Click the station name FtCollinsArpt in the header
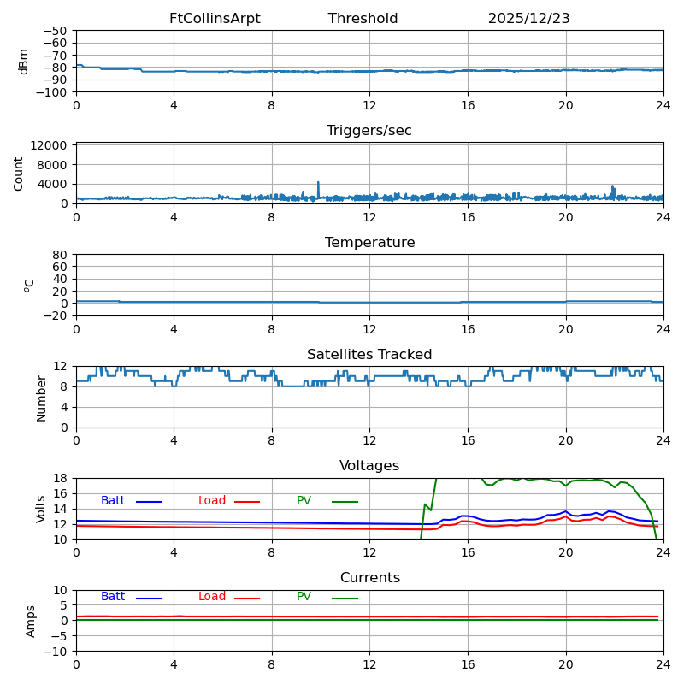coord(215,19)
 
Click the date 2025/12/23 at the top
coord(528,19)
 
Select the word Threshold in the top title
coord(363,19)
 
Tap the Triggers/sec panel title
coord(369,131)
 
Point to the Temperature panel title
coord(369,243)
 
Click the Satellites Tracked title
coord(369,355)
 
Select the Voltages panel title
coord(369,466)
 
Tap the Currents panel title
coord(369,578)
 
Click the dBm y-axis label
coord(24,62)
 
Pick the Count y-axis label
coord(19,174)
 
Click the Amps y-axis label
coord(31,621)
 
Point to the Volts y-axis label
coord(41,509)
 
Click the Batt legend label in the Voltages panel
coord(113,501)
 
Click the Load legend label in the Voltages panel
coord(212,501)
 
